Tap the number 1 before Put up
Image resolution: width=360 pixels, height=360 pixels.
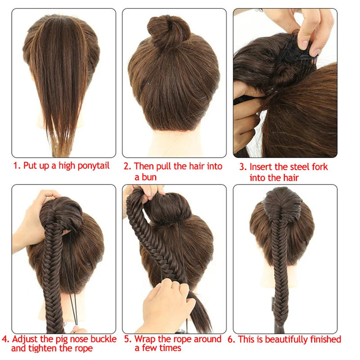point(16,166)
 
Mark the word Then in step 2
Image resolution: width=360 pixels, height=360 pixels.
point(144,166)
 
